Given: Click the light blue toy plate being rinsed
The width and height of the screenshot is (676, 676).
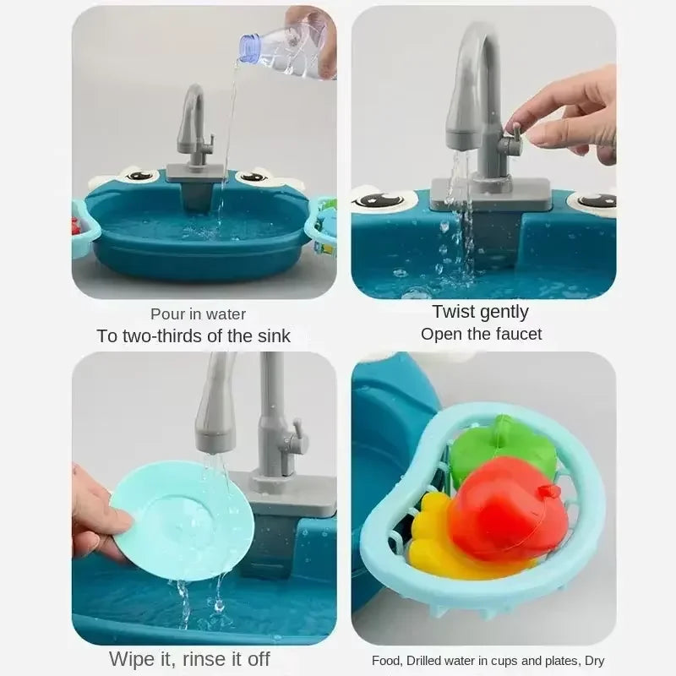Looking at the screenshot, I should pos(183,520).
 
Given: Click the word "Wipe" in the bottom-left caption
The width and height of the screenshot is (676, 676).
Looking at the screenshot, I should pos(132,658).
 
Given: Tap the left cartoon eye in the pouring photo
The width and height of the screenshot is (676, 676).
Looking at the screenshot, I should pos(139,176).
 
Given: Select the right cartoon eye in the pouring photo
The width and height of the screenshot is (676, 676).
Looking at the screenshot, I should pos(253,177).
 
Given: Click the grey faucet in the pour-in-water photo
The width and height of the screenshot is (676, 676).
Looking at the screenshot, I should pos(194,127).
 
